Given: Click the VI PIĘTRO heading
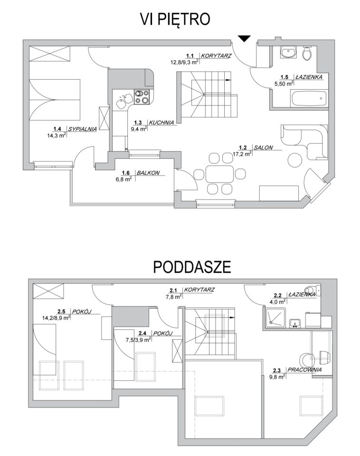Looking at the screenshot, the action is point(175,19).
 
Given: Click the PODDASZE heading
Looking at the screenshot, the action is point(192,266).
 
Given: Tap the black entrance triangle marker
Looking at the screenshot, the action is point(244,38).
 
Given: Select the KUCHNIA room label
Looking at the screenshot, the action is point(161,123).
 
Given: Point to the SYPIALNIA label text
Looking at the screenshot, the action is point(82,129).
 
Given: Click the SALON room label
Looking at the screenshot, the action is point(263,147).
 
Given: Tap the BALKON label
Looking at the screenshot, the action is point(148,173).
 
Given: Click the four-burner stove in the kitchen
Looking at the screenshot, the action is point(142,97).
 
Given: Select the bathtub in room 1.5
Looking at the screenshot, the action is point(309,99).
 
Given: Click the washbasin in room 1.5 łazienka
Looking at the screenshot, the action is point(288,52).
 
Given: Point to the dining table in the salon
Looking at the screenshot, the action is point(219,174).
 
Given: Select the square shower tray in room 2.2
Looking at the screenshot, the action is point(275,318).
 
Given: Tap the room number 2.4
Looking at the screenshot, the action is point(142,333).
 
